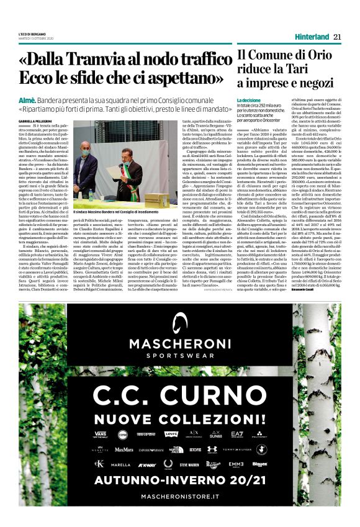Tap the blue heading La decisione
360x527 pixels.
(x=249, y=100)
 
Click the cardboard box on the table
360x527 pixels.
(x=156, y=199)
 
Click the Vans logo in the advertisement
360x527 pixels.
(x=101, y=434)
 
